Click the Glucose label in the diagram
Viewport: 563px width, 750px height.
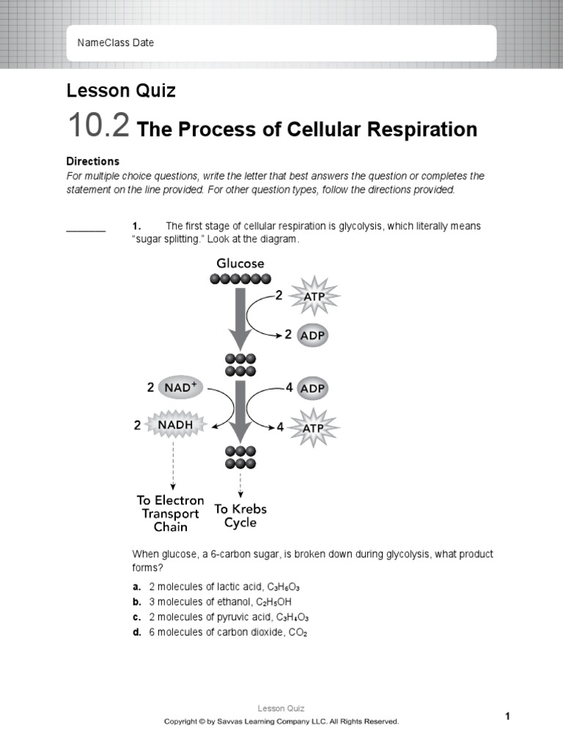tap(240, 263)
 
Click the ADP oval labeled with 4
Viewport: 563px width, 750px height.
tap(312, 388)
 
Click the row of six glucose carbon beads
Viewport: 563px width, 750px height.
tap(240, 278)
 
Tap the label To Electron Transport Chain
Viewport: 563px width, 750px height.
tap(170, 513)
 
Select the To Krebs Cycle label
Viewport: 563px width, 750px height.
tap(240, 516)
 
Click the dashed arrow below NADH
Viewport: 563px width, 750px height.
tap(172, 465)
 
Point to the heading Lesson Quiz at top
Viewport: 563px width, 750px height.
tap(121, 91)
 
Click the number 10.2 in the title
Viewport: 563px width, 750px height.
tap(98, 127)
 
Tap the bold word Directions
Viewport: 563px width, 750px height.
tap(92, 161)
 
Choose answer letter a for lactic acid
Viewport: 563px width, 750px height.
tap(136, 587)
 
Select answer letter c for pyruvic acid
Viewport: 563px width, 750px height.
tap(136, 617)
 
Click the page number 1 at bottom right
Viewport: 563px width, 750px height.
tap(507, 716)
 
